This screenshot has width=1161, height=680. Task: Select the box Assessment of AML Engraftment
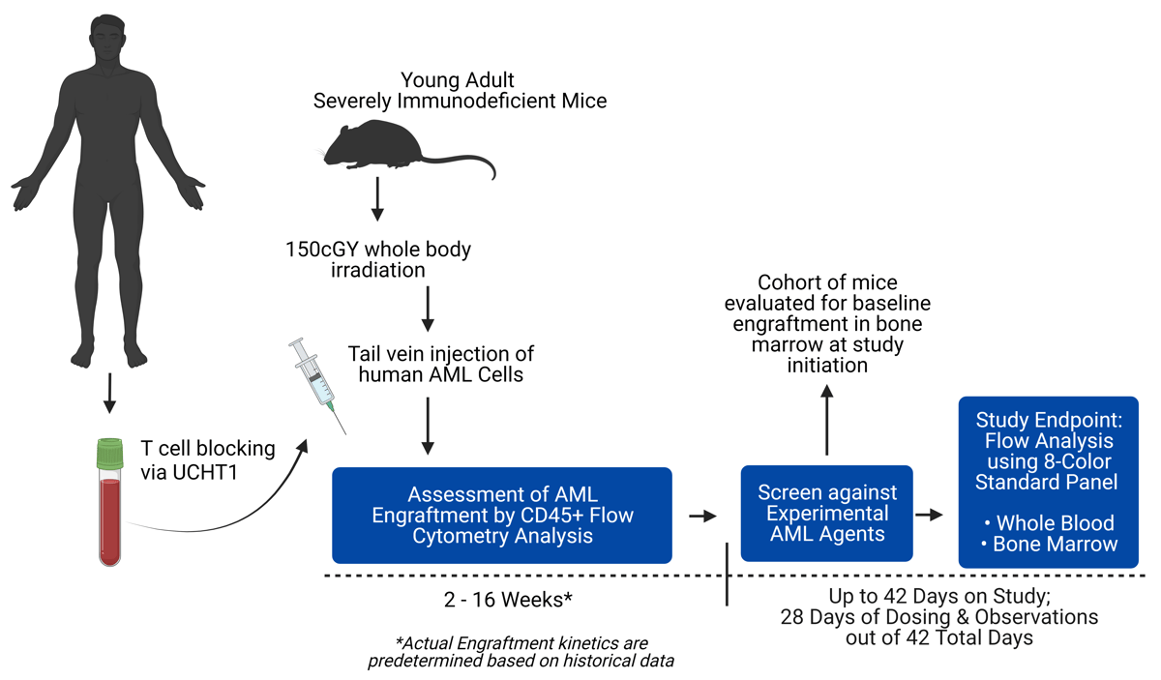pyautogui.click(x=501, y=515)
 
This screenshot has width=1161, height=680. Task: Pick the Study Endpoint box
pyautogui.click(x=1047, y=481)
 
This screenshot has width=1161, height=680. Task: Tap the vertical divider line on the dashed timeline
pyautogui.click(x=727, y=576)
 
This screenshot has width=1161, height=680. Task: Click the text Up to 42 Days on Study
pyautogui.click(x=938, y=596)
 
